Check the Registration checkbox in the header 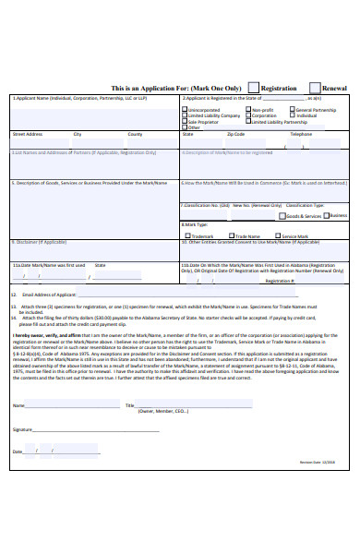pos(254,87)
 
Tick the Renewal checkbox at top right pos(315,87)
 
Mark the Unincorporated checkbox pos(185,109)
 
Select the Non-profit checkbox pos(247,109)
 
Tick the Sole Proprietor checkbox pos(185,121)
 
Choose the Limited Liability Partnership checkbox pos(247,121)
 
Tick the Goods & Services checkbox pos(282,215)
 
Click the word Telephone pos(301,133)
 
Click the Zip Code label pos(236,133)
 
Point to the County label pos(135,133)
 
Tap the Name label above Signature pos(18,404)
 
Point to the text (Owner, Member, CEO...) pos(162,411)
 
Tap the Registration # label pos(281,279)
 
